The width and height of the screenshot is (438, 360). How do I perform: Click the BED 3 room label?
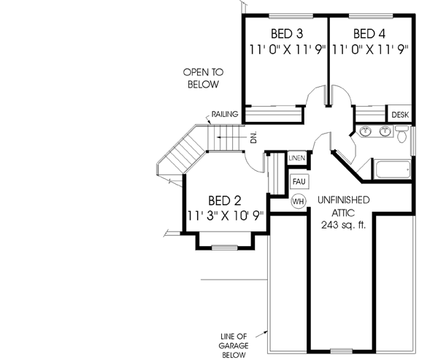coord(286,34)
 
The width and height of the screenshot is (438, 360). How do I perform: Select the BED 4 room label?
coord(369,34)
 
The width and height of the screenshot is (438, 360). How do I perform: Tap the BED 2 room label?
coord(225,199)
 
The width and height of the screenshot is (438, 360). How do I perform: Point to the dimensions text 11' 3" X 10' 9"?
coord(225,215)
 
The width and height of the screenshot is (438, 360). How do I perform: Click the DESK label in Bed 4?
coord(399,115)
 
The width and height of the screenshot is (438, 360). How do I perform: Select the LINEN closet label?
coord(296,158)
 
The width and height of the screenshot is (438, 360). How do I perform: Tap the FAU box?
coord(299,180)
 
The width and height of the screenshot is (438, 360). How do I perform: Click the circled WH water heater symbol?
coord(299,200)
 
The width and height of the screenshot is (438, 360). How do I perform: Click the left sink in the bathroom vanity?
coord(364,132)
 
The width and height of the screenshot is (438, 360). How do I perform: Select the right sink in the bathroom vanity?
coord(384,132)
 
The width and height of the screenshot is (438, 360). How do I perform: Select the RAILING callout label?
coord(222,115)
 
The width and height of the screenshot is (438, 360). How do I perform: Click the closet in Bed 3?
coord(274,113)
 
